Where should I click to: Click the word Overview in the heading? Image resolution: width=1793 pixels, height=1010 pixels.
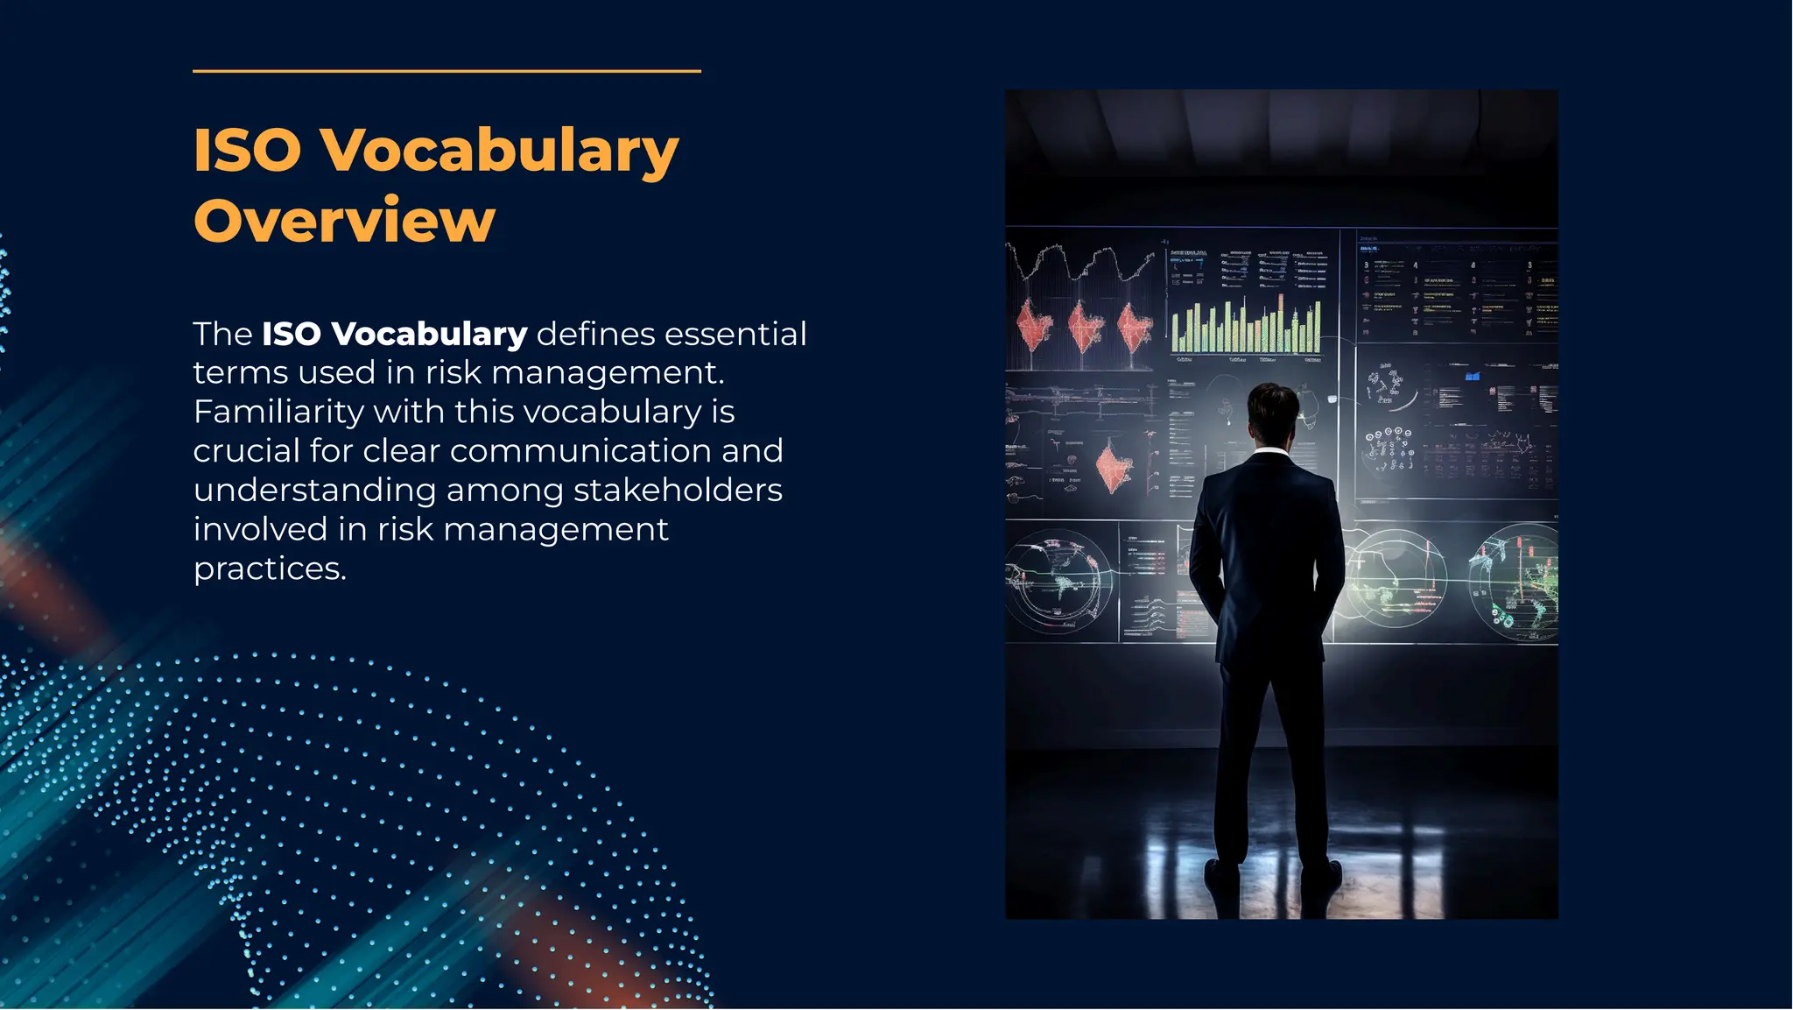tap(344, 221)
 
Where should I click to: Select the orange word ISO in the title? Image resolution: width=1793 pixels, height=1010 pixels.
tap(247, 150)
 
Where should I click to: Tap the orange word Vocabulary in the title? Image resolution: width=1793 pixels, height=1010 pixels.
tap(499, 152)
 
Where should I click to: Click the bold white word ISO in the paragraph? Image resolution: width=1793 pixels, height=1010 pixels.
tap(292, 335)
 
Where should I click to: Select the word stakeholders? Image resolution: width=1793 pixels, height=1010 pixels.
tap(678, 491)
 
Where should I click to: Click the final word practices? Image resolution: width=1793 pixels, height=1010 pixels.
tap(270, 569)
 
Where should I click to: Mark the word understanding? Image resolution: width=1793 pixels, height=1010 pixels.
tap(314, 491)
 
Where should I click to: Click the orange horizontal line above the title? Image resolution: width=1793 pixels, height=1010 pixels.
tap(446, 71)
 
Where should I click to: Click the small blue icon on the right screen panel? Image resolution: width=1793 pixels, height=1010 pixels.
tap(1473, 376)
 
